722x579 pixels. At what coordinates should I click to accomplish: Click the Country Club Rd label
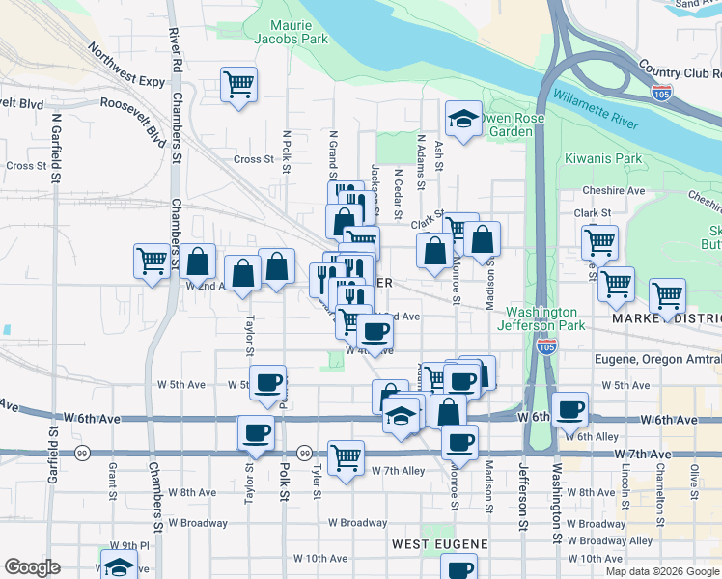(x=680, y=71)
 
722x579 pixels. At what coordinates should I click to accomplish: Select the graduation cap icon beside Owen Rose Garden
(x=463, y=120)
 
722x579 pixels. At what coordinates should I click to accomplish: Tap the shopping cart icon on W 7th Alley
(x=346, y=456)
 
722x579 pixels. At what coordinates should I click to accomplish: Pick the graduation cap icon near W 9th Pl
(x=119, y=566)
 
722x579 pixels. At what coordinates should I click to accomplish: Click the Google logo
(x=33, y=567)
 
